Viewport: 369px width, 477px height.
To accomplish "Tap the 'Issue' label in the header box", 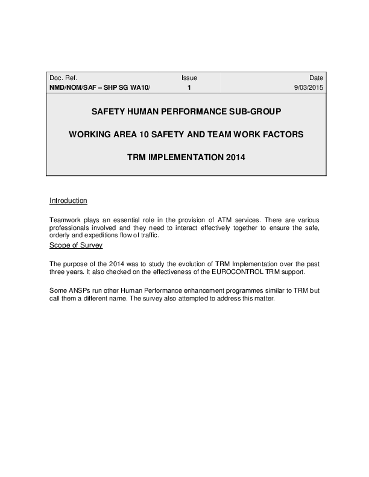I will click(x=189, y=78).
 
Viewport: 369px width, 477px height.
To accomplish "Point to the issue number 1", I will click(x=189, y=88).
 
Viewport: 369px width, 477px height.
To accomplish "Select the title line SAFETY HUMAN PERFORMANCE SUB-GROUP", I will click(x=185, y=112).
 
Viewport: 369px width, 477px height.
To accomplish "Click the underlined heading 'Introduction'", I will click(x=68, y=201).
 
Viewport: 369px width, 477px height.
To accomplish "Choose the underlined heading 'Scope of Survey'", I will click(x=76, y=246).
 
